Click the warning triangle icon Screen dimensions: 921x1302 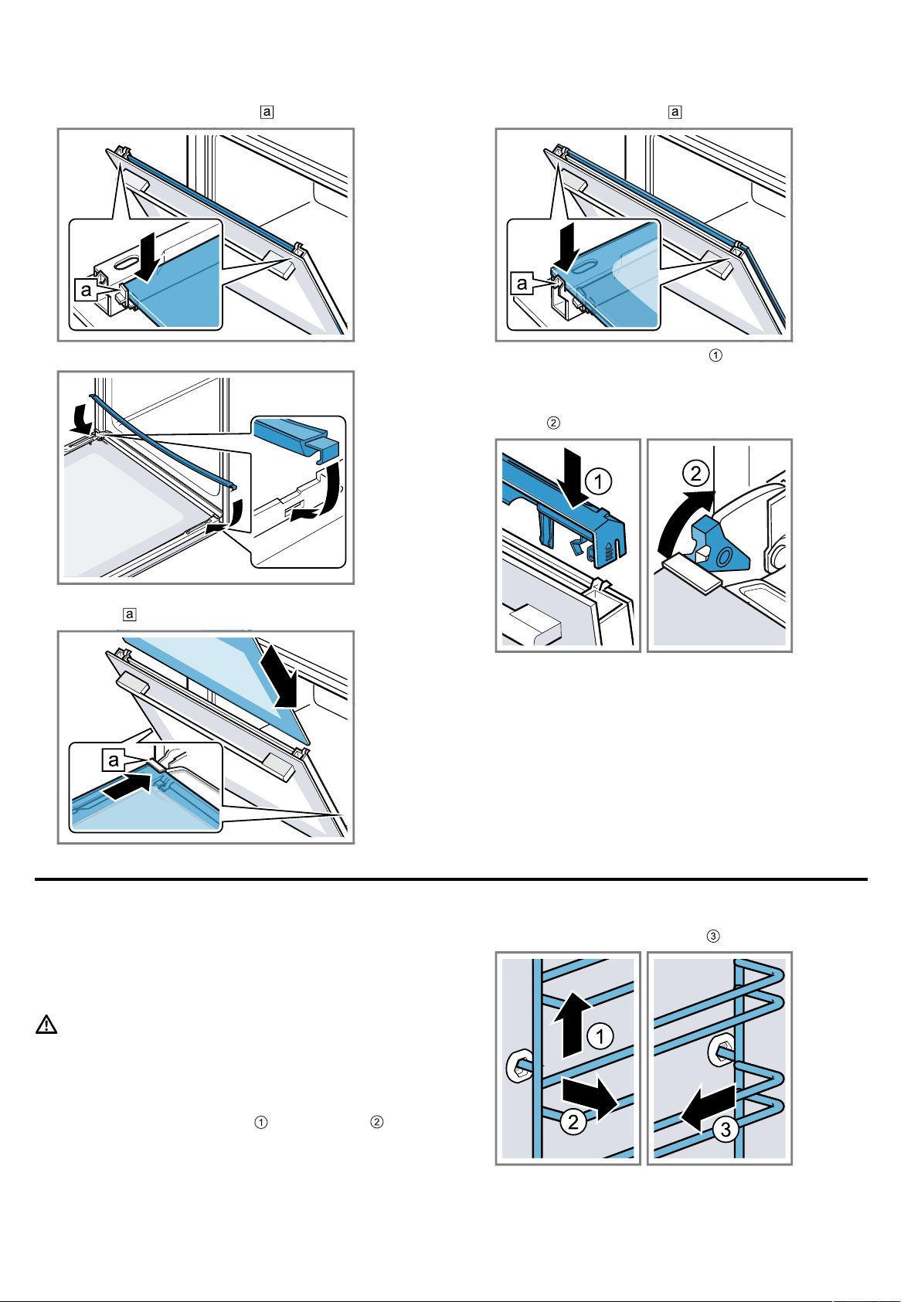tap(46, 1025)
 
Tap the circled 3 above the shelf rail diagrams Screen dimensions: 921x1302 tap(713, 936)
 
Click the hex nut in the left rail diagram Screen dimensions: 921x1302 tap(518, 1066)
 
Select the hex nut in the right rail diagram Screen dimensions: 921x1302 tap(720, 1051)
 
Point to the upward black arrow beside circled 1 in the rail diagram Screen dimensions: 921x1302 tap(573, 1024)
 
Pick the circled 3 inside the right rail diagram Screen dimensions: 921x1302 tap(726, 1130)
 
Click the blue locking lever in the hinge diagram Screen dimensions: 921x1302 tap(719, 543)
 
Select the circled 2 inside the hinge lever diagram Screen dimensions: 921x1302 tap(695, 473)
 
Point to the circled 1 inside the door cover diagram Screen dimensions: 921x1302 tap(599, 481)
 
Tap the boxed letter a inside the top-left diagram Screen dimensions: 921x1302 tap(86, 290)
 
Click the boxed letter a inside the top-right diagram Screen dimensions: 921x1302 tap(522, 284)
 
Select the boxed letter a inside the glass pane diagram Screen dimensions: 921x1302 tap(113, 759)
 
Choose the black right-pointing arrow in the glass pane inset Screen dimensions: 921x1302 tap(128, 785)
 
